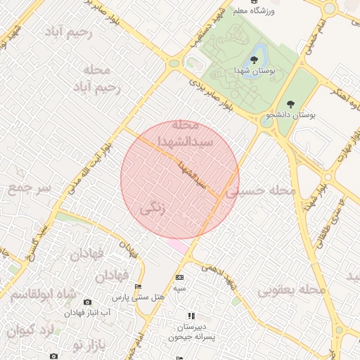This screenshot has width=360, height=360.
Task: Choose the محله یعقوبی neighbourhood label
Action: pyautogui.click(x=292, y=289)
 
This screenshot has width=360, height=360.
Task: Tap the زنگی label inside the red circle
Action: pyautogui.click(x=155, y=209)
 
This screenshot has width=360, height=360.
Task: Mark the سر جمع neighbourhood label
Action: pyautogui.click(x=30, y=188)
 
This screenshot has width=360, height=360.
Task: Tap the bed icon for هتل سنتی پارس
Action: pyautogui.click(x=138, y=287)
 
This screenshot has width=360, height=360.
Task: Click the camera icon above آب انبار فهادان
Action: pyautogui.click(x=87, y=302)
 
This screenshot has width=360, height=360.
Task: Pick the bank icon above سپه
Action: pyautogui.click(x=179, y=278)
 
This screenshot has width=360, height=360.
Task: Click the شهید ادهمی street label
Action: pyautogui.click(x=220, y=276)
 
